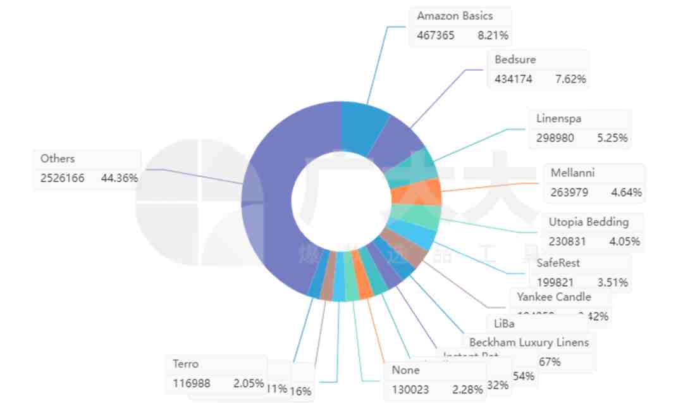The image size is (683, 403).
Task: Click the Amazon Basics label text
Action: [x=455, y=16]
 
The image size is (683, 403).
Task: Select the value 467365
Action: [x=435, y=35]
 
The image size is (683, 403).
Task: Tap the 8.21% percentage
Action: [x=493, y=35]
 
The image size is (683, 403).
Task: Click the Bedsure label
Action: [x=515, y=59]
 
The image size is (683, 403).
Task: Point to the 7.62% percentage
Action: [x=570, y=79]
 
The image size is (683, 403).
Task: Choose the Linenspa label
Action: [x=558, y=118]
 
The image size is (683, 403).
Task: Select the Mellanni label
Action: [x=572, y=173]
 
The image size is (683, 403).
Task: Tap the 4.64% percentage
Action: [x=627, y=192]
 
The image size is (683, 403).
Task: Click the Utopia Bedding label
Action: [x=589, y=222]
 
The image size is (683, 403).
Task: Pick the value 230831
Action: [x=567, y=242]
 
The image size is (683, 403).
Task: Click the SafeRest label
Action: [x=558, y=263]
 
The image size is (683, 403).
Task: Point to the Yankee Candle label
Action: [x=553, y=297]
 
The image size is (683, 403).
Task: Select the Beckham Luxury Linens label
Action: [x=529, y=342]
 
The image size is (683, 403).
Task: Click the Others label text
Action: [x=58, y=159]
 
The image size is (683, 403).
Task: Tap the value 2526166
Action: [x=62, y=178]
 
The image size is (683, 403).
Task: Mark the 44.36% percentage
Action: [x=119, y=178]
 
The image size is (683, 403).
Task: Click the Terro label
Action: [x=185, y=364]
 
